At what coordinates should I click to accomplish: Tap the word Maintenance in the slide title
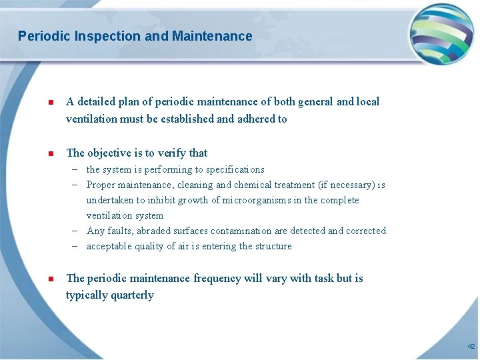pyautogui.click(x=212, y=36)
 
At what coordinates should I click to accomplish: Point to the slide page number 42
pyautogui.click(x=471, y=347)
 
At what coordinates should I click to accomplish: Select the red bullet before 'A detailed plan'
pyautogui.click(x=50, y=103)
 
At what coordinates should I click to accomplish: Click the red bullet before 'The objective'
pyautogui.click(x=50, y=154)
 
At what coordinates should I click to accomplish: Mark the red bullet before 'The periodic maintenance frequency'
pyautogui.click(x=50, y=279)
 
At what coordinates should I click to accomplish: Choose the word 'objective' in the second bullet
pyautogui.click(x=111, y=153)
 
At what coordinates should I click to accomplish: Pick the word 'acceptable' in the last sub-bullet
pyautogui.click(x=109, y=247)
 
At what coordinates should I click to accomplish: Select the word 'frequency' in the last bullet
pyautogui.click(x=217, y=279)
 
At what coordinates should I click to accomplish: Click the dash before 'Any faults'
pyautogui.click(x=77, y=231)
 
